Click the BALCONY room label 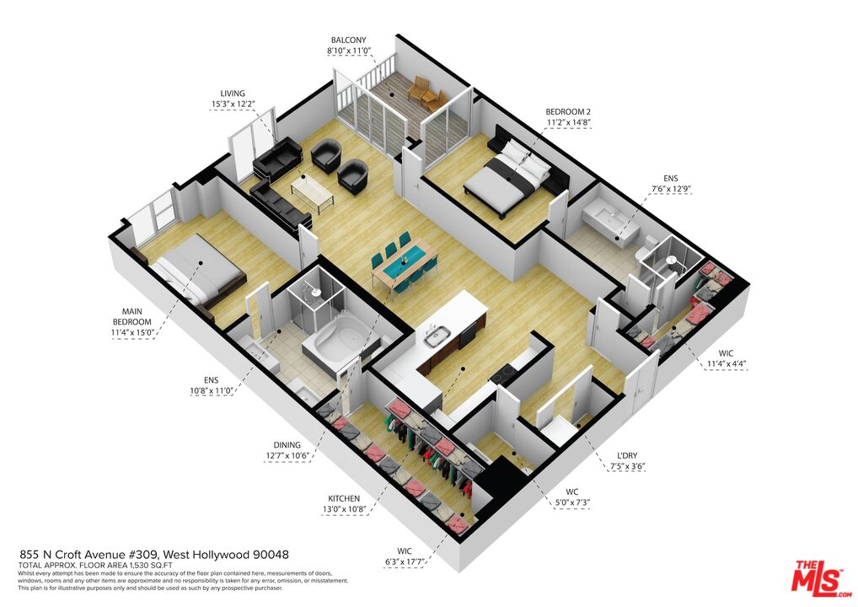pos(348,40)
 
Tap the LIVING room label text pos(233,93)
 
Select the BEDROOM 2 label pos(567,110)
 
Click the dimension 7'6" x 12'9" pos(670,190)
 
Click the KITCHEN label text pos(344,498)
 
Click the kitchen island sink pos(437,337)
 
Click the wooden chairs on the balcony pos(426,94)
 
